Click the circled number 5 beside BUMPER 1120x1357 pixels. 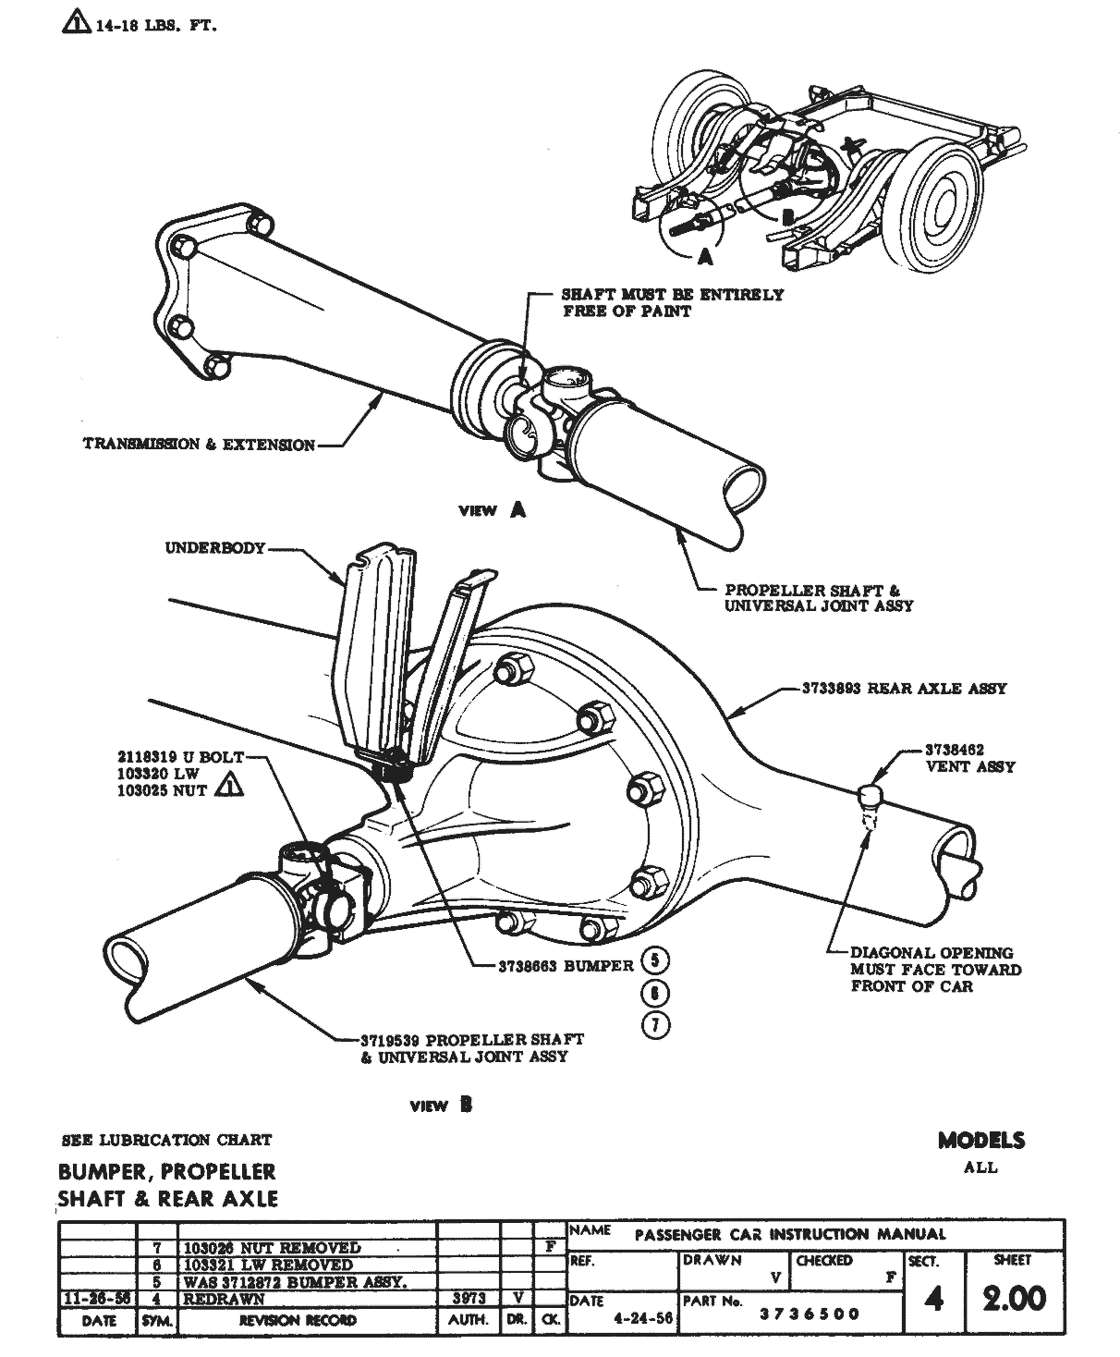(x=654, y=960)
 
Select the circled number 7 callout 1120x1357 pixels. (x=654, y=1025)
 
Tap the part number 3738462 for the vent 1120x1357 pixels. (x=955, y=750)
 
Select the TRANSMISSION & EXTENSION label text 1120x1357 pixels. (x=199, y=445)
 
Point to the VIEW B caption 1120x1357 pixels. (x=442, y=1105)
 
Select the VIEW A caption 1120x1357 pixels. (x=493, y=509)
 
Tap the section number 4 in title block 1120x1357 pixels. (x=933, y=1299)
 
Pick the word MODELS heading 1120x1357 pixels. (x=980, y=1140)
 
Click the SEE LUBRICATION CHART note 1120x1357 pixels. (x=166, y=1140)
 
